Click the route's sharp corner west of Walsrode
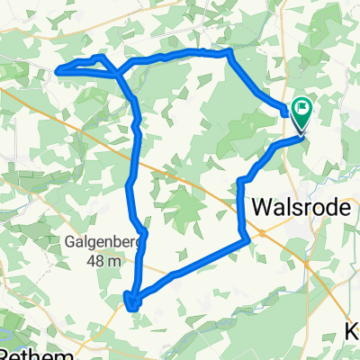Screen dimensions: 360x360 [x=247, y=238]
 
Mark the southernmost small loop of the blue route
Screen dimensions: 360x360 [x=132, y=300]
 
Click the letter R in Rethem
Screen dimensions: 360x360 [x=6, y=353]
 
